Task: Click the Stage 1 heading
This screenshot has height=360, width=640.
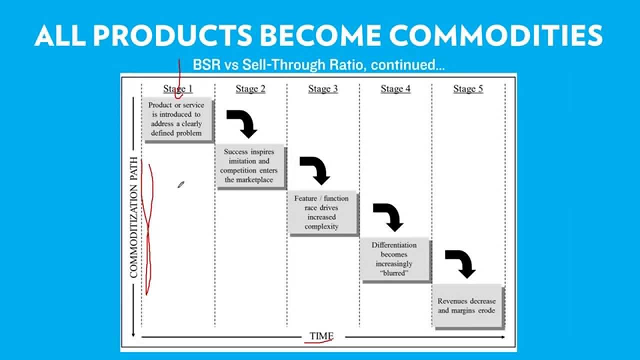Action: coord(178,89)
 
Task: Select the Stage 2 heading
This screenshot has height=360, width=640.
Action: coord(250,89)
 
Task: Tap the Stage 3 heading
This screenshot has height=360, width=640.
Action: coord(323,89)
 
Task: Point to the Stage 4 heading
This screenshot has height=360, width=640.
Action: coord(395,89)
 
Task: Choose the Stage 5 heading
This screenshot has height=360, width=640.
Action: coord(468,89)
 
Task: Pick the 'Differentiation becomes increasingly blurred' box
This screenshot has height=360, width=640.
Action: coord(394,259)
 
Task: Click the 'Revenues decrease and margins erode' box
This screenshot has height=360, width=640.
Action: coord(466,305)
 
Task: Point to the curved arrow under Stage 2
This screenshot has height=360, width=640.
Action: coord(242,123)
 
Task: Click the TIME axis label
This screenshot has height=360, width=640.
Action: coord(321,336)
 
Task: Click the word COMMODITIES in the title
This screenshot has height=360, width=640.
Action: coord(495,35)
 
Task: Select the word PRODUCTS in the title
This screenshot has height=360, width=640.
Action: coord(173,35)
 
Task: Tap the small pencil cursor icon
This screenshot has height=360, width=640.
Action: coord(181,185)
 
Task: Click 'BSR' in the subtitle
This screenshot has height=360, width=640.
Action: coord(205,65)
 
